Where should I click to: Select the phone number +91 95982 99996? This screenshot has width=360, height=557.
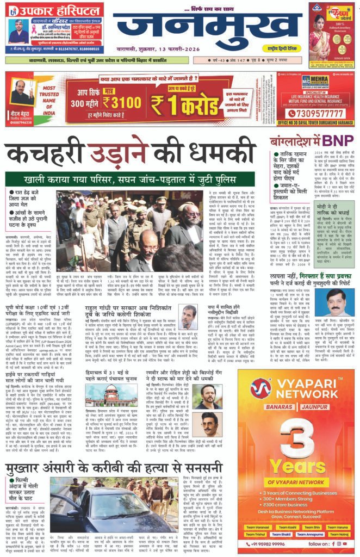click(258, 544)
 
